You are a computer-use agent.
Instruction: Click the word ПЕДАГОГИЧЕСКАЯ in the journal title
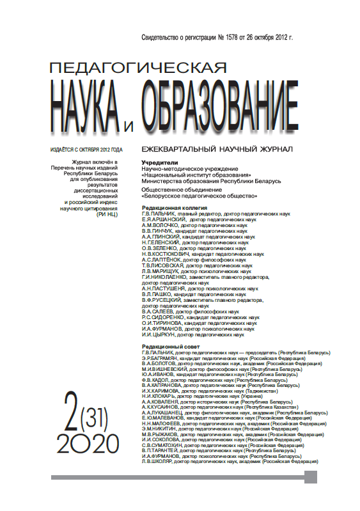coord(138,67)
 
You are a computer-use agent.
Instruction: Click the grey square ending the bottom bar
coord(311,476)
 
